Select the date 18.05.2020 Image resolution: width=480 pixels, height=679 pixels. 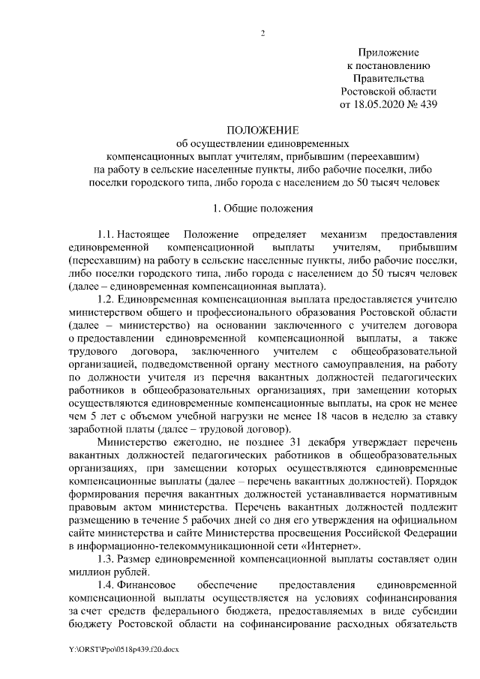coord(385,105)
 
